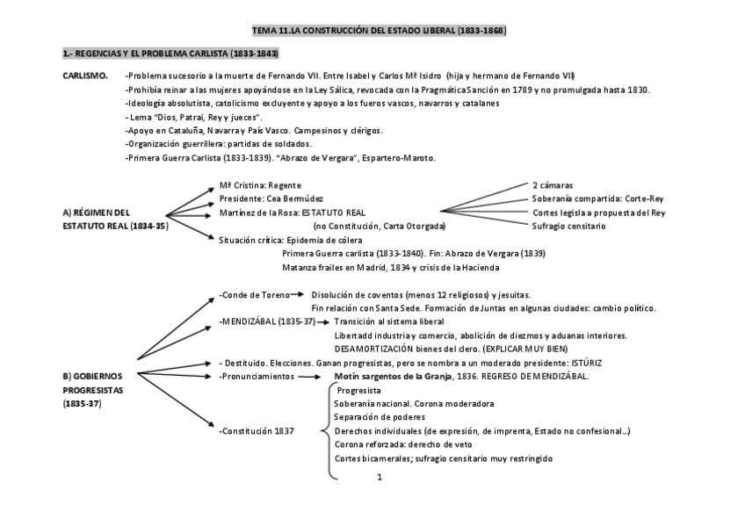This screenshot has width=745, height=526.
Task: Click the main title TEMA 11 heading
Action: tap(379, 31)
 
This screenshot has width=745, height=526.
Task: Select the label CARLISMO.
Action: tap(85, 76)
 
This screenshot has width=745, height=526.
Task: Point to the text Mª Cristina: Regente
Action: tap(260, 185)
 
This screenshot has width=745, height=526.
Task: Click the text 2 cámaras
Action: tap(553, 185)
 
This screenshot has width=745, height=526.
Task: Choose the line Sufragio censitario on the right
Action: tap(568, 226)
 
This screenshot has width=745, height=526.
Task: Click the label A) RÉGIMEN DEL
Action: tap(97, 212)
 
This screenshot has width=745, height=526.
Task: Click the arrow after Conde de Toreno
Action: tap(297, 294)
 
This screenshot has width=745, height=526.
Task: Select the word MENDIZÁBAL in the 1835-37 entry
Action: tap(249, 321)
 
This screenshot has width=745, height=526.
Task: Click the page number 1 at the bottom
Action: tap(378, 477)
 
